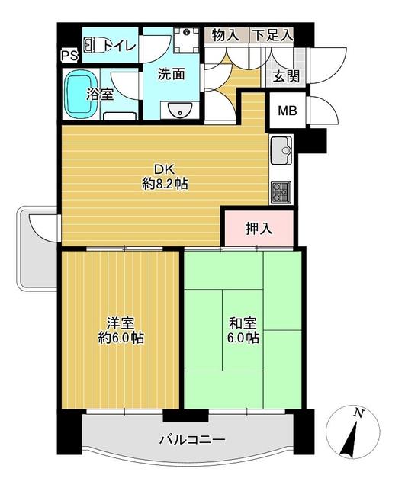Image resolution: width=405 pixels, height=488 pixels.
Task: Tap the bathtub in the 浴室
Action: click(80, 94)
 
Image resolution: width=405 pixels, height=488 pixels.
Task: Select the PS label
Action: click(69, 56)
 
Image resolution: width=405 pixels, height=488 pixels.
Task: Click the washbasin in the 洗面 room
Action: click(180, 110)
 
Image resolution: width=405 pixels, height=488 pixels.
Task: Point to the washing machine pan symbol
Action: click(186, 40)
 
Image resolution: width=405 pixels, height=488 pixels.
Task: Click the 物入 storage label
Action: click(226, 35)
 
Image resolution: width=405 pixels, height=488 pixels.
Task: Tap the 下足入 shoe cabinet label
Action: click(273, 35)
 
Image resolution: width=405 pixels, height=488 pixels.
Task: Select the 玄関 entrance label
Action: click(286, 76)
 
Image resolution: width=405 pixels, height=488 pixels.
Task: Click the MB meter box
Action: click(288, 111)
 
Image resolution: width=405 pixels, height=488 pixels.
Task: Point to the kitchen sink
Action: click(281, 151)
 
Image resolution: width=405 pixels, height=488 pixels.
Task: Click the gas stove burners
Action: click(281, 192)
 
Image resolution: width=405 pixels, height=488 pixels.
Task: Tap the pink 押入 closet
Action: click(259, 229)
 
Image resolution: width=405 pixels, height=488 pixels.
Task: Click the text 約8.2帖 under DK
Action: click(165, 185)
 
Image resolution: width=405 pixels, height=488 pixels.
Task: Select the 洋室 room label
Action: click(121, 323)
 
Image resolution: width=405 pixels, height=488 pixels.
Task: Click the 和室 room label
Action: click(243, 323)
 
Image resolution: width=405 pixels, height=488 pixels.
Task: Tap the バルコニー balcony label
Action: click(192, 440)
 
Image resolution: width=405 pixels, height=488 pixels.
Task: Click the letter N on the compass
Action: click(359, 413)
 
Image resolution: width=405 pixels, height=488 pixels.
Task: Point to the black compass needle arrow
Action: click(349, 440)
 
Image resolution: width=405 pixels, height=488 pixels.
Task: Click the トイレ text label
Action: click(121, 46)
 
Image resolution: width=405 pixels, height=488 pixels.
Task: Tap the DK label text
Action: click(165, 170)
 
